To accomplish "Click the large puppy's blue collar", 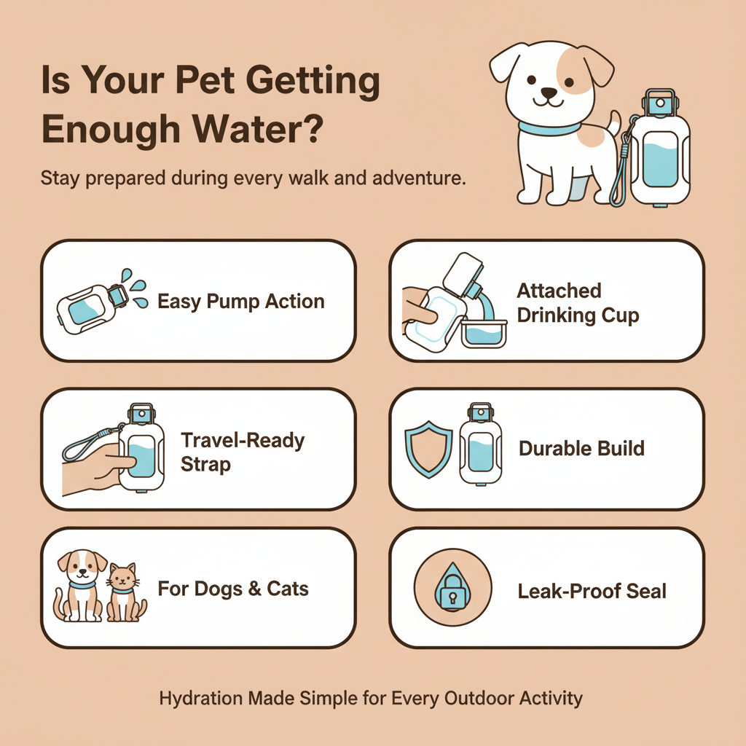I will click(550, 129).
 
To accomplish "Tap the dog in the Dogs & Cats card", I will click(80, 586).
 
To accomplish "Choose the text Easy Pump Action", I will click(241, 302).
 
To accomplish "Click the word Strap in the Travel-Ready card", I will click(205, 464).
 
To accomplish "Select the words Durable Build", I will click(581, 448).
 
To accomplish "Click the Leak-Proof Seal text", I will click(592, 591).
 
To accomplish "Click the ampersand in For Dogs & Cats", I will click(254, 588).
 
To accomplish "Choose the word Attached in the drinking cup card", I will click(559, 291).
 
